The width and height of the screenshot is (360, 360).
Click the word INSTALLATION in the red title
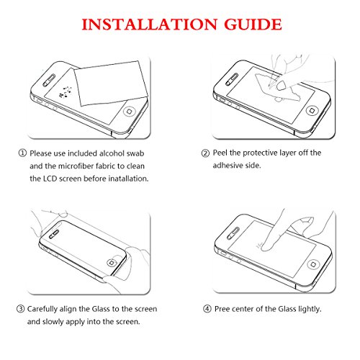tap(149, 24)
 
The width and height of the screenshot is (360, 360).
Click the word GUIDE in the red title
tap(253, 24)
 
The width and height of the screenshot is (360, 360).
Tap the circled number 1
tap(22, 153)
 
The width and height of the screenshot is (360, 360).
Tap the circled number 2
tap(205, 153)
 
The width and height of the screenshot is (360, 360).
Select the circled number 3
tap(20, 309)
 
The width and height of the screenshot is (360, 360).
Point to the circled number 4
tap(207, 309)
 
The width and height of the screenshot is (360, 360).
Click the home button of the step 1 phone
tap(130, 112)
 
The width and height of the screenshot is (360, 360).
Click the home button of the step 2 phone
tap(312, 110)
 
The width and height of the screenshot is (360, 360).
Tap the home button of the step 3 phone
tap(112, 263)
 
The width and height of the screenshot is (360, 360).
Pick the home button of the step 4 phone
tap(313, 264)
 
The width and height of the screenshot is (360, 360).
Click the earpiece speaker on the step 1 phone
tap(49, 81)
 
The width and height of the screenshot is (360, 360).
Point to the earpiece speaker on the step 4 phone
tap(233, 233)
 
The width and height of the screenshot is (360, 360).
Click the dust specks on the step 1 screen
tap(66, 92)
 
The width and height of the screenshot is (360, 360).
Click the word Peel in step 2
tap(220, 153)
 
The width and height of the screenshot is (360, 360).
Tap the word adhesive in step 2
tap(227, 166)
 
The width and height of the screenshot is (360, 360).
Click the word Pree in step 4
tap(222, 309)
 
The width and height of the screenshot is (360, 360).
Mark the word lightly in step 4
tap(310, 309)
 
